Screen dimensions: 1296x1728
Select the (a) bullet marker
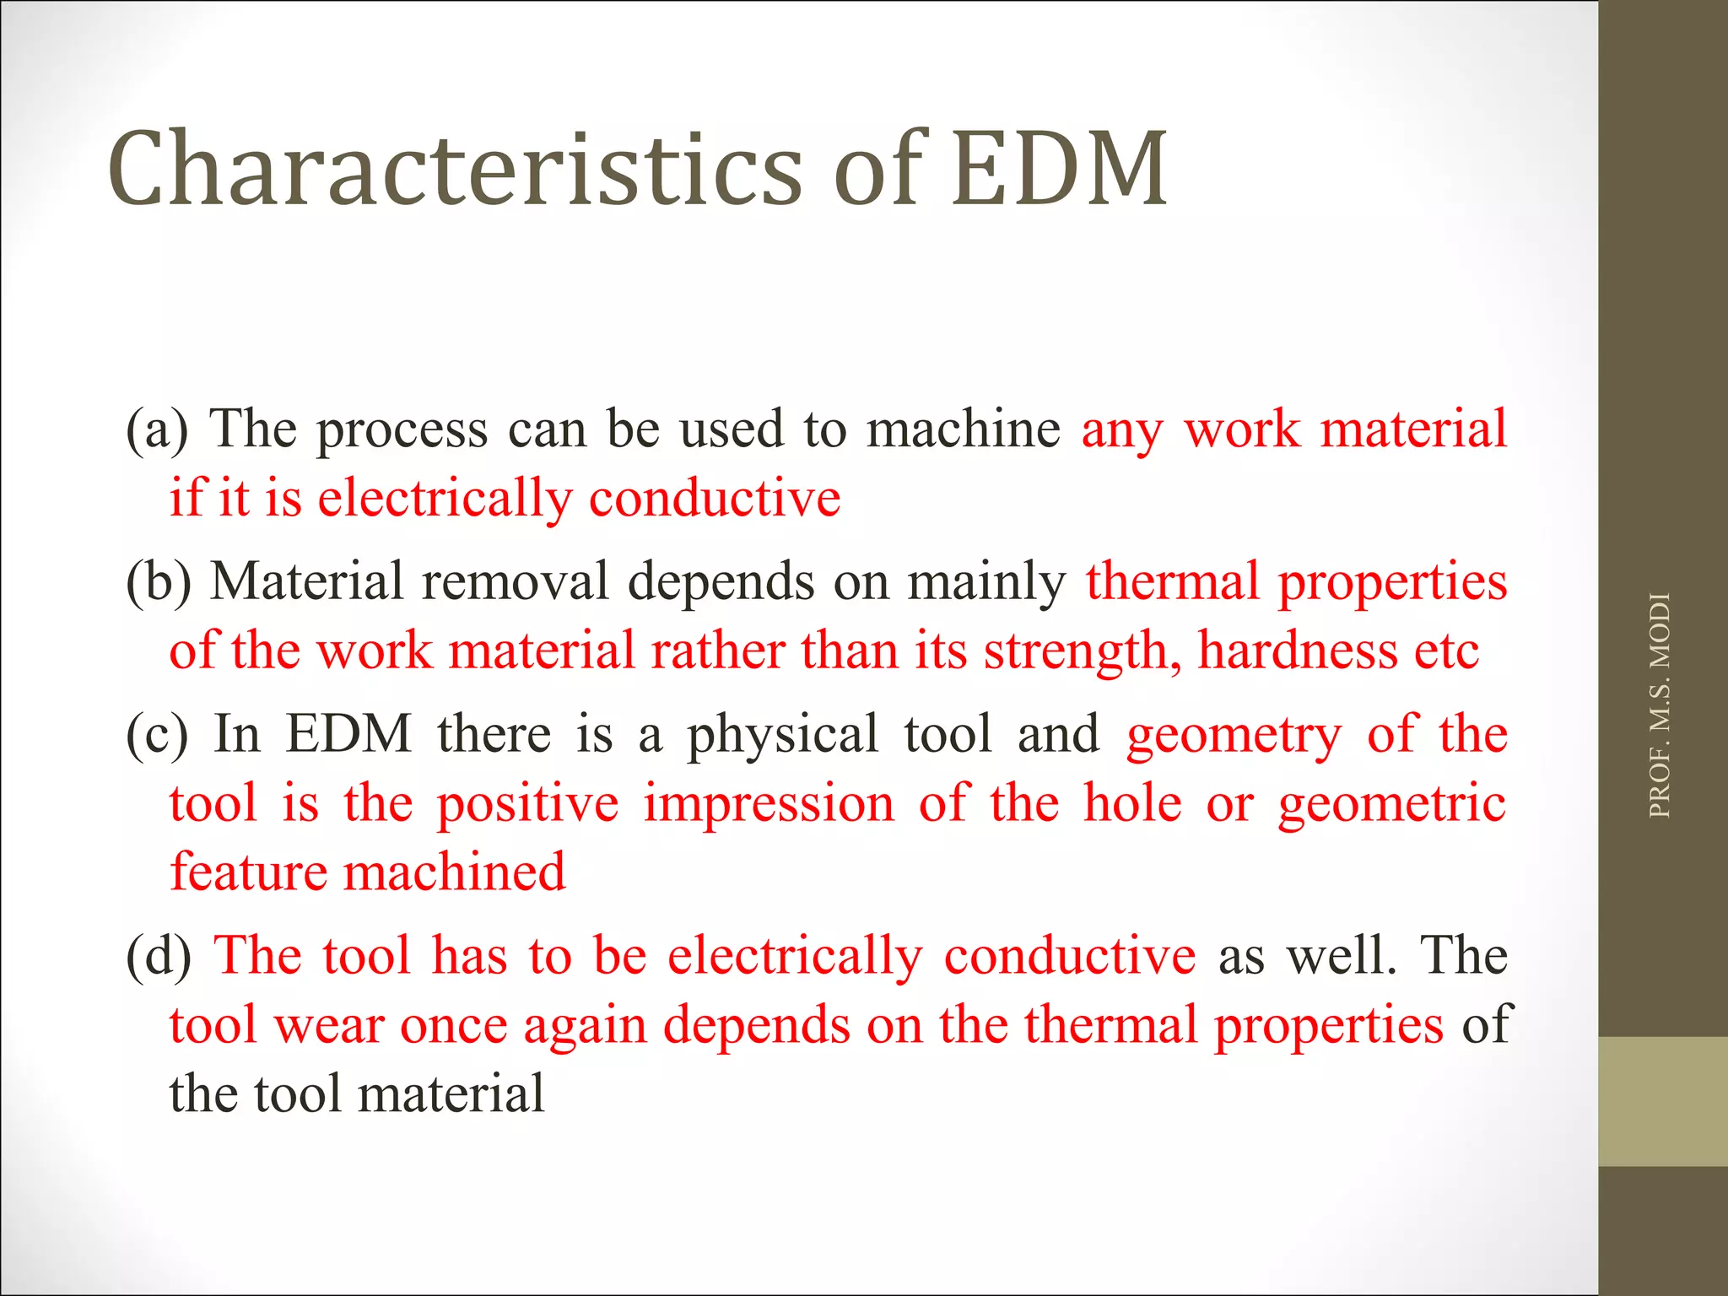point(157,429)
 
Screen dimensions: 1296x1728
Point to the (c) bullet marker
point(157,734)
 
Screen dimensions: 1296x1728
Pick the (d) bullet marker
point(159,956)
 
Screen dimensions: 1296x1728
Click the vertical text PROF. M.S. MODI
point(1659,705)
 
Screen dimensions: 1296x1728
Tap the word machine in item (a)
point(963,429)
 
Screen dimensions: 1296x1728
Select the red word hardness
point(1297,651)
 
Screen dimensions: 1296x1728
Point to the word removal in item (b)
point(515,582)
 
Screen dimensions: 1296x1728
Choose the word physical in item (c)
point(783,734)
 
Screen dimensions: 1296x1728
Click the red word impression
point(769,803)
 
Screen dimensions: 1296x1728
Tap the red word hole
point(1132,803)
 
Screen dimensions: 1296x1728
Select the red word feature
point(248,872)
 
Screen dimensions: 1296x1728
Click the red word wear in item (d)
point(328,1026)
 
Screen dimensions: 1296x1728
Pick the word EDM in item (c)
point(348,734)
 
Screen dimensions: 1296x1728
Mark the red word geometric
point(1391,803)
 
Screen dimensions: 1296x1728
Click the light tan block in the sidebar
point(1662,1101)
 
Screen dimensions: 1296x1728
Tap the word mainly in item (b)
point(986,582)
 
